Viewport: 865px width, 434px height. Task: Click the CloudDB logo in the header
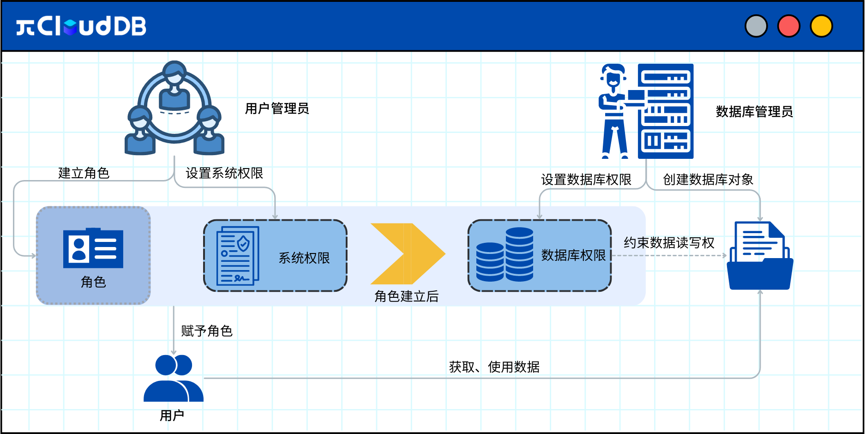(81, 26)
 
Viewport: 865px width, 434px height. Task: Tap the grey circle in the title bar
(756, 26)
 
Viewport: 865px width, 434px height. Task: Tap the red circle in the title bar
(789, 26)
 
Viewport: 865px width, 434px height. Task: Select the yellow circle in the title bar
(822, 26)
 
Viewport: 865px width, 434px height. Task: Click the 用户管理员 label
(277, 108)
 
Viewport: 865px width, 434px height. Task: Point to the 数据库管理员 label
(754, 112)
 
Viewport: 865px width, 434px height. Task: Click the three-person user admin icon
(174, 108)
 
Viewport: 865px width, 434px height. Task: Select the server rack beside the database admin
(666, 111)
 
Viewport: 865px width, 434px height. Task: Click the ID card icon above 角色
(93, 248)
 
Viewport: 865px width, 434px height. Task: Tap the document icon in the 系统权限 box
(238, 256)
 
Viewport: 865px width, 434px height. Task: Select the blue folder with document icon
(760, 256)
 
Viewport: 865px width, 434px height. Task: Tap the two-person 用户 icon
(174, 378)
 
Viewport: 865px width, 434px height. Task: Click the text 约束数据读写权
(669, 243)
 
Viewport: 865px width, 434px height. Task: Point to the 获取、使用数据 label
(494, 367)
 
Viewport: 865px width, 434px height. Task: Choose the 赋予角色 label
(207, 331)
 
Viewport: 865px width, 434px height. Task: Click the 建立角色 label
(84, 173)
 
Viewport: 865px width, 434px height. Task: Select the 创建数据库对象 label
(708, 180)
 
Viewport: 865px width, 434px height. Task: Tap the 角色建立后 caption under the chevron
(407, 296)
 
